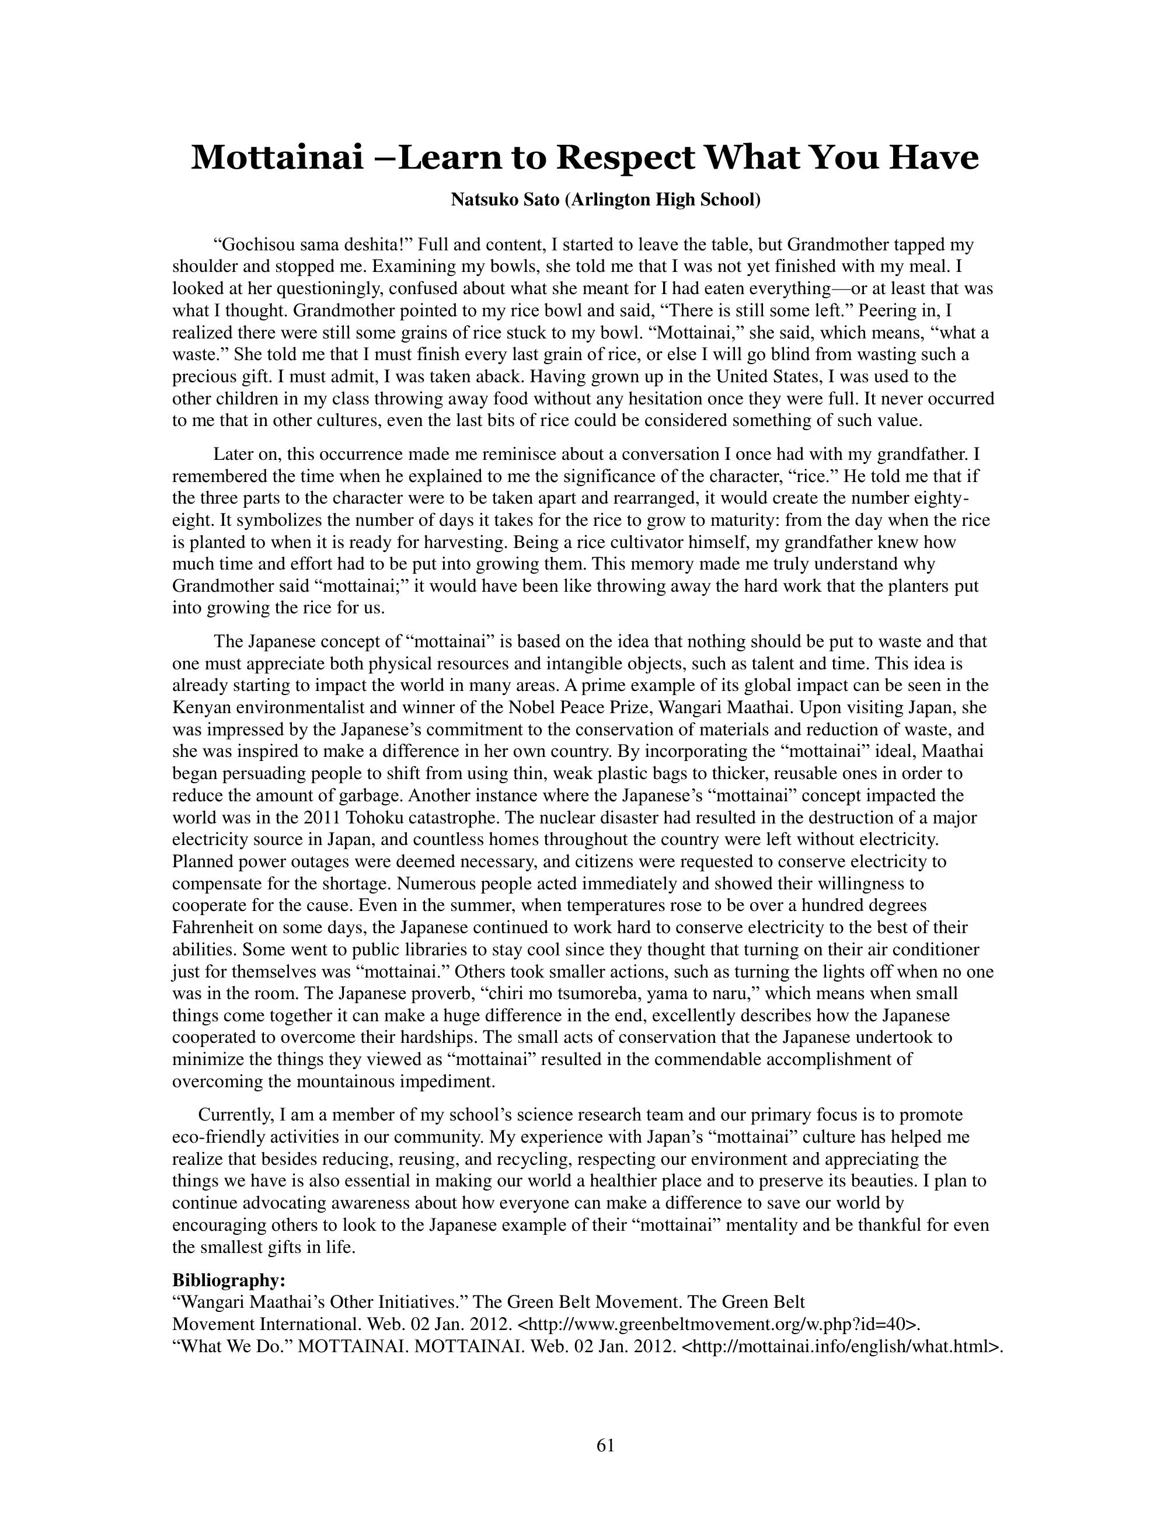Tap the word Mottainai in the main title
coord(277,158)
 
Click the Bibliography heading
coord(228,1280)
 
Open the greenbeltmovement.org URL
coord(718,1324)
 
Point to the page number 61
coord(605,1446)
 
